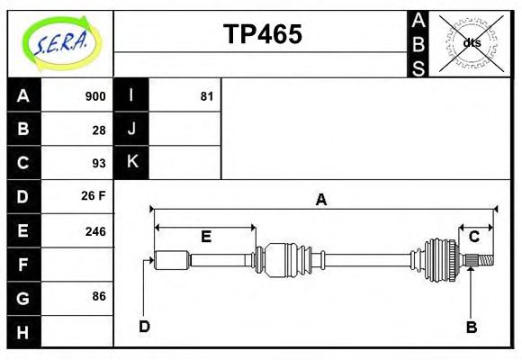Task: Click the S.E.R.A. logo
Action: tap(59, 42)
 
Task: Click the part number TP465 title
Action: tap(262, 34)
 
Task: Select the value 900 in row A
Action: tap(94, 96)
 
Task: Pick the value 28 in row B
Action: tap(98, 130)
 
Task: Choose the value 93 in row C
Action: tap(98, 163)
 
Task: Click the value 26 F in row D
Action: tap(94, 196)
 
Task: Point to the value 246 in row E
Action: tap(94, 230)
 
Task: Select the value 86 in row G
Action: tap(98, 296)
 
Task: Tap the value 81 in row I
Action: tap(206, 96)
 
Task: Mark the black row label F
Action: tap(23, 264)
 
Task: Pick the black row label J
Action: tap(131, 130)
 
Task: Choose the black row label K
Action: tap(131, 163)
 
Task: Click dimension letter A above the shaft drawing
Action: tap(320, 200)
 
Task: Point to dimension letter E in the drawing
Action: tap(205, 237)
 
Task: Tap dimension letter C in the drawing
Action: tap(473, 237)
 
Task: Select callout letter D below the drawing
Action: tap(144, 326)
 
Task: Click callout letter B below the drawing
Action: tap(471, 327)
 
